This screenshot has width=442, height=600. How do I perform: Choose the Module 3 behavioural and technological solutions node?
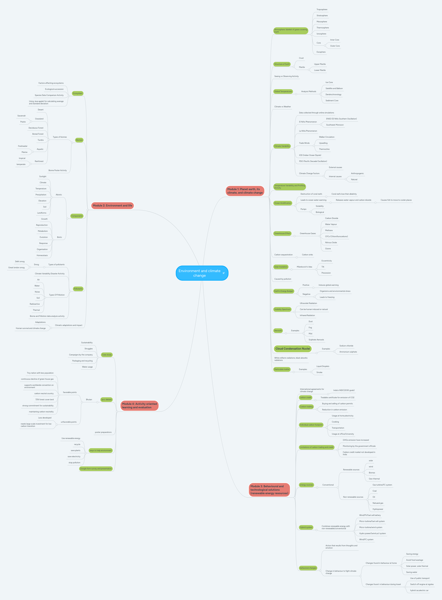[269, 490]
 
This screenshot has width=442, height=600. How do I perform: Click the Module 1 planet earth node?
[245, 191]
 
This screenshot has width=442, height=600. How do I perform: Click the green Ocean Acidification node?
[283, 203]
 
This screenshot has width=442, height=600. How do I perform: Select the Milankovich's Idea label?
[304, 267]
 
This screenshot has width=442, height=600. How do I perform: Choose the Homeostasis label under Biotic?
[42, 255]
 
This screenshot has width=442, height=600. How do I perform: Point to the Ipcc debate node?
[106, 399]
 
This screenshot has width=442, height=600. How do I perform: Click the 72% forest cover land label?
[44, 399]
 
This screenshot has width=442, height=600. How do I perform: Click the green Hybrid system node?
[306, 527]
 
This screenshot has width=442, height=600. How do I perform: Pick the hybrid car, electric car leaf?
[419, 590]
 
